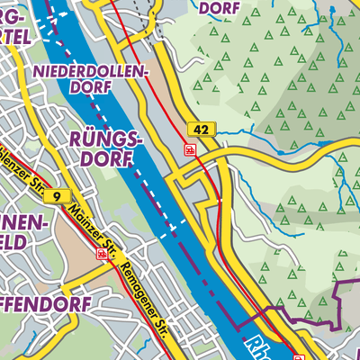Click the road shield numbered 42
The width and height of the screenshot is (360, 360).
pyautogui.click(x=201, y=131)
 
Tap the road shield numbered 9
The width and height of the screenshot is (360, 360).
pyautogui.click(x=58, y=196)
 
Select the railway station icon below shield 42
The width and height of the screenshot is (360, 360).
pyautogui.click(x=190, y=150)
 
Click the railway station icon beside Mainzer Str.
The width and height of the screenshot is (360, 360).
pyautogui.click(x=102, y=255)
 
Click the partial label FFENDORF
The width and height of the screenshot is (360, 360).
pyautogui.click(x=45, y=305)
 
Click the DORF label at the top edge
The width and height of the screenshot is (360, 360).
pyautogui.click(x=216, y=9)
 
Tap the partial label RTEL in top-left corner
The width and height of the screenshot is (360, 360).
pyautogui.click(x=23, y=36)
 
